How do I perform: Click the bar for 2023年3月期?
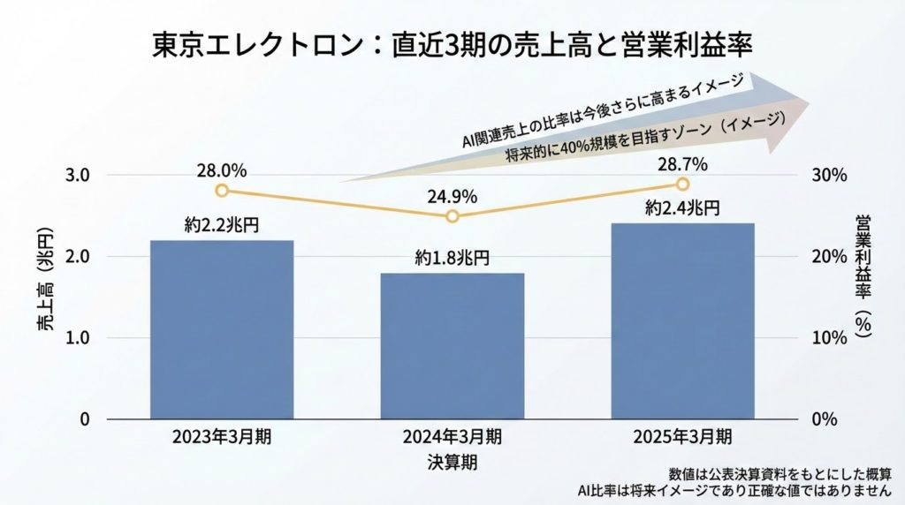[x=222, y=329]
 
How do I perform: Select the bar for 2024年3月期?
[x=452, y=346]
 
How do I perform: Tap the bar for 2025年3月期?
[x=682, y=321]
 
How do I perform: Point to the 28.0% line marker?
[x=222, y=191]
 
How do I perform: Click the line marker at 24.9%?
[x=452, y=216]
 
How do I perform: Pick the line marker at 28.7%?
[x=682, y=184]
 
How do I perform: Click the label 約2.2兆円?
[x=222, y=224]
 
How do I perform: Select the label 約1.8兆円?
[x=452, y=258]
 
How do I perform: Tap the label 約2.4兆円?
[x=682, y=208]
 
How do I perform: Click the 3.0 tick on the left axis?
[x=79, y=175]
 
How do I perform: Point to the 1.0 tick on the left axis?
[x=79, y=338]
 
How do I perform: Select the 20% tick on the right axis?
[x=830, y=257]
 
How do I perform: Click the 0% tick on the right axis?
[x=825, y=419]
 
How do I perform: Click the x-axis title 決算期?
[x=452, y=462]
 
